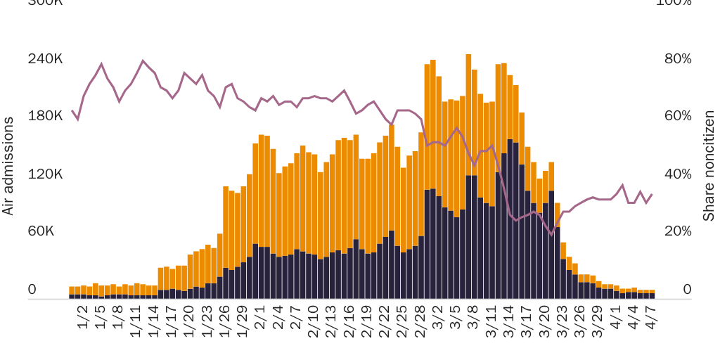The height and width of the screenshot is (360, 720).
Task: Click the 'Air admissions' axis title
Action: point(8,166)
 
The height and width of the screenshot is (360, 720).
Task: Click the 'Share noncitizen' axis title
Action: point(709,166)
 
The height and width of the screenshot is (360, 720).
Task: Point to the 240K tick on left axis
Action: point(45,58)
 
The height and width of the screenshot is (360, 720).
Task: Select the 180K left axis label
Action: point(45,116)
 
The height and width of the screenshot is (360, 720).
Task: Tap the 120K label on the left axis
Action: point(45,174)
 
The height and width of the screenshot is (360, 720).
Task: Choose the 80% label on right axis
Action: point(678,58)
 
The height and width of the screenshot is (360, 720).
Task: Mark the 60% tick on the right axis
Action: point(678,116)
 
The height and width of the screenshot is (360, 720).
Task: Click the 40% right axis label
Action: point(678,174)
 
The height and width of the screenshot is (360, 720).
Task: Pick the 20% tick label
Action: point(678,231)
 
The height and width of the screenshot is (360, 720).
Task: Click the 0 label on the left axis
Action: point(32,289)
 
